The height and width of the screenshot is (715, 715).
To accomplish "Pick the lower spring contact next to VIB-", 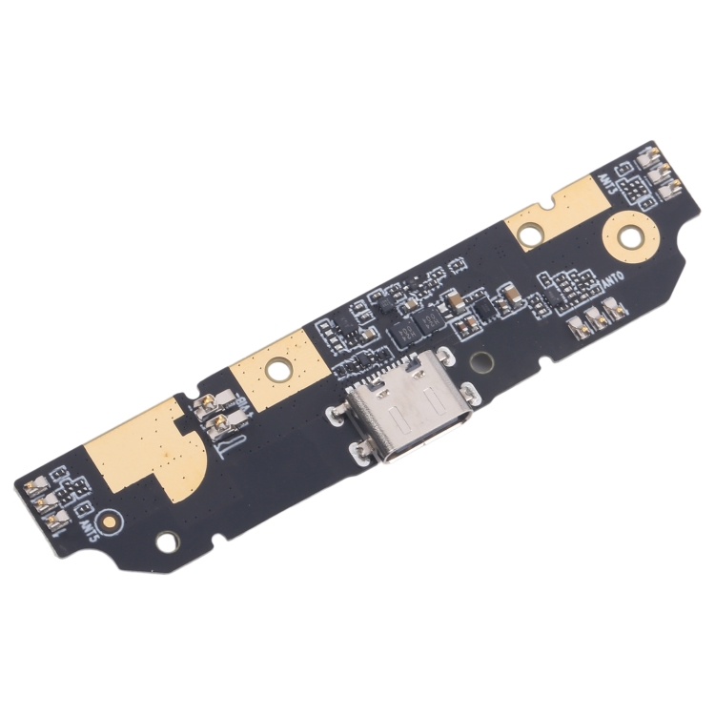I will click(219, 422).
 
